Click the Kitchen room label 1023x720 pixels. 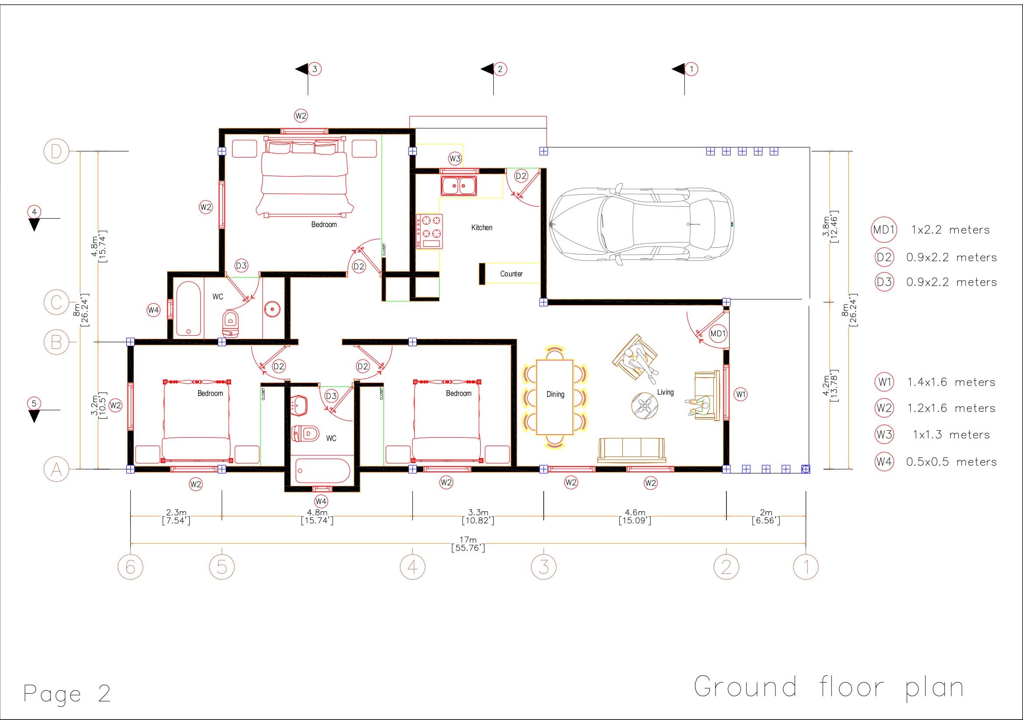(482, 228)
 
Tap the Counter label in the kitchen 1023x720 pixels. (511, 274)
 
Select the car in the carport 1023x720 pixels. (641, 224)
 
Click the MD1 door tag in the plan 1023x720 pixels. (718, 334)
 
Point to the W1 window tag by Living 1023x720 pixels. (740, 394)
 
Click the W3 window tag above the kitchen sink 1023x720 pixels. (455, 158)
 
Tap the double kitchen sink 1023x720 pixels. (458, 186)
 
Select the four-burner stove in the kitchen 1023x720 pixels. (429, 232)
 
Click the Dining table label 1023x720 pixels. (555, 394)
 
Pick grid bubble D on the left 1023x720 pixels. (56, 151)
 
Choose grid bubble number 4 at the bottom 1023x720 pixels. (412, 567)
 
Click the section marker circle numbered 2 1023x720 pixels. (500, 69)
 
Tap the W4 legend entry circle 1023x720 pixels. (884, 461)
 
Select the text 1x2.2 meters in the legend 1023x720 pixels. (950, 230)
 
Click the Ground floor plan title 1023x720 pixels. (829, 687)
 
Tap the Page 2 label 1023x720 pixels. (67, 694)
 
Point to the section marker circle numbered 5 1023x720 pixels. (34, 404)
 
